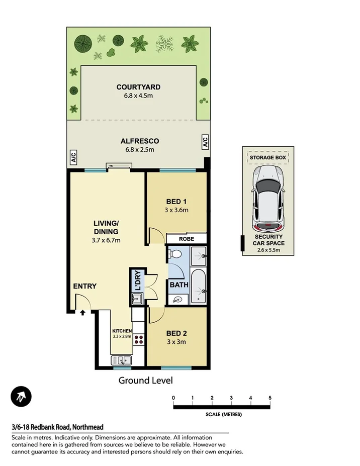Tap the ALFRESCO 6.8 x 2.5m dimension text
coord(137,149)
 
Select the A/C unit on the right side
coord(205,142)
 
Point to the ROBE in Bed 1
coord(187,239)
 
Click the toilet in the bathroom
coord(175,255)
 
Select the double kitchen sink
coord(121,360)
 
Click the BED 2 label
coord(176,333)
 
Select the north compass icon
coord(22,397)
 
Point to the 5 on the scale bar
coord(270,398)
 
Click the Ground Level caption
coord(145,381)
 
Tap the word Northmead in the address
coord(88,427)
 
